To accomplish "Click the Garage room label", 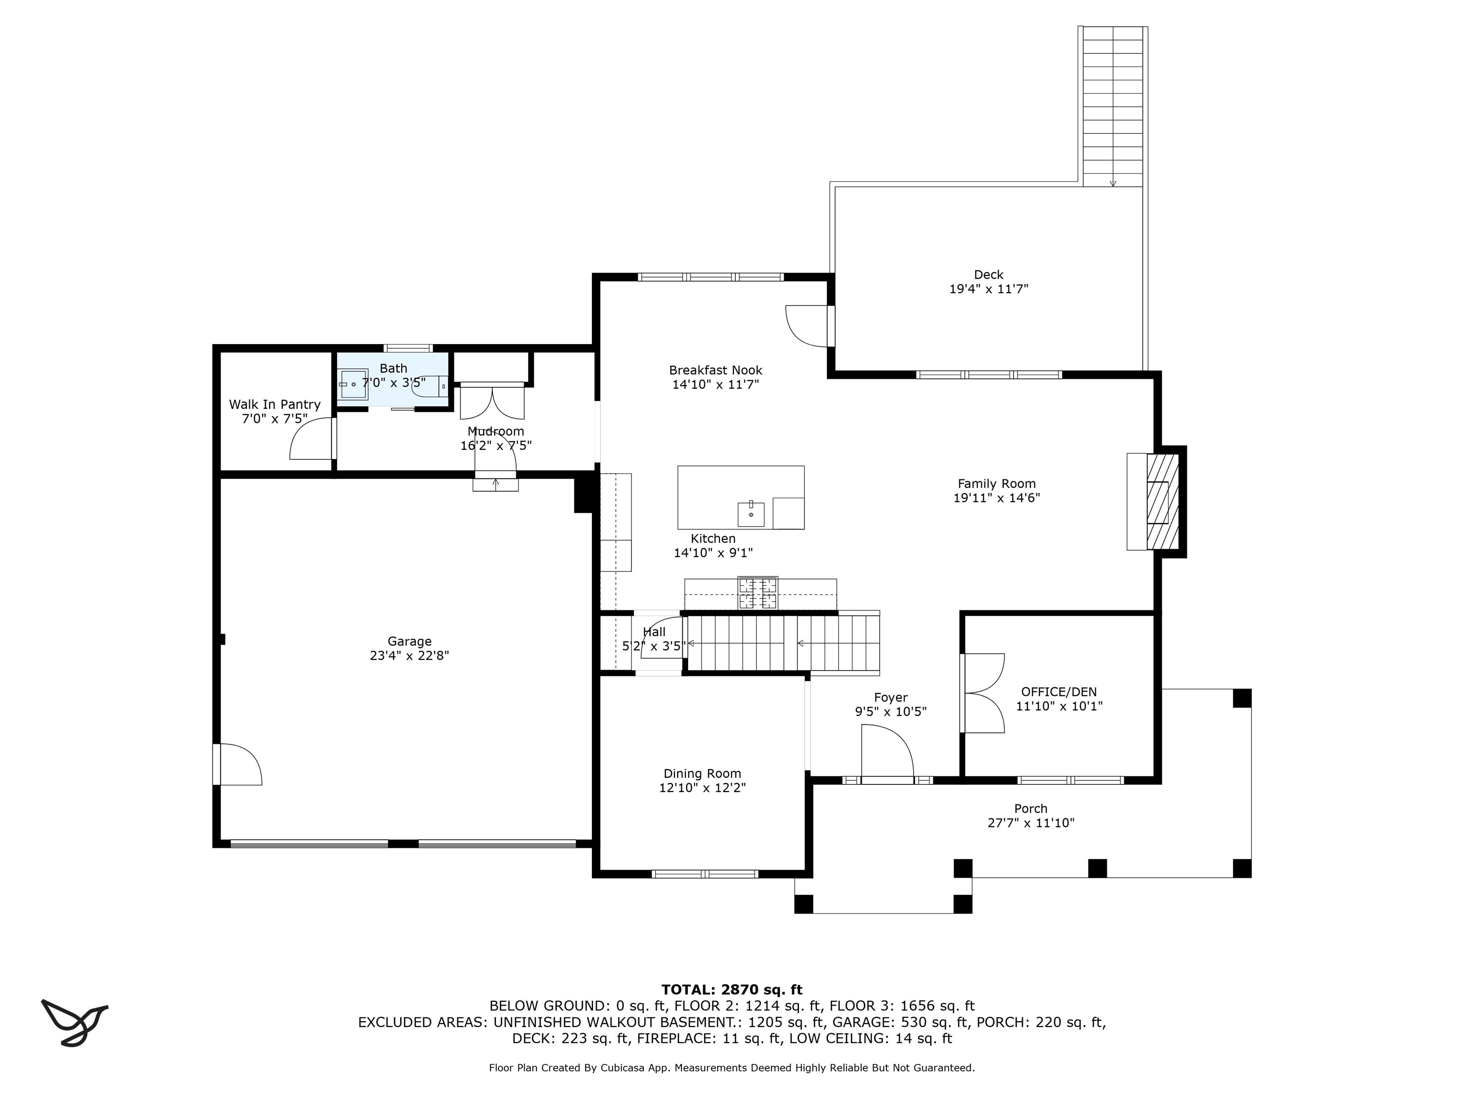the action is [x=410, y=641].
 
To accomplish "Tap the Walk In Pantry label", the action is [x=274, y=405].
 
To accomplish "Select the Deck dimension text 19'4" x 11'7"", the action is [x=989, y=289].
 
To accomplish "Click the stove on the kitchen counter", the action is [x=758, y=593].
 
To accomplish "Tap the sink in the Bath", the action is [x=354, y=384].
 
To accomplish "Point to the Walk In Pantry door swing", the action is [x=312, y=437].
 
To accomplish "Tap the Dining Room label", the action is [x=702, y=773].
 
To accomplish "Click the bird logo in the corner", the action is [x=74, y=1021].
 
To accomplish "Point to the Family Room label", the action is [x=997, y=484].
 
